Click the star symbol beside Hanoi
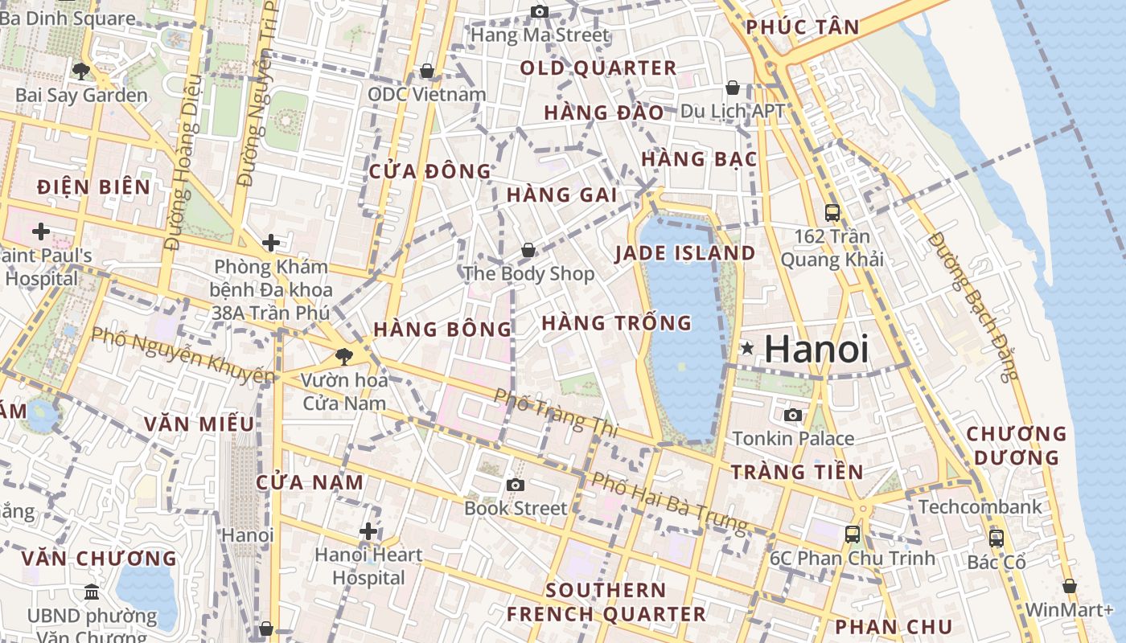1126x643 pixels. [747, 348]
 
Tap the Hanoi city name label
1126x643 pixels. [816, 349]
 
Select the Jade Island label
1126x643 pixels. [684, 253]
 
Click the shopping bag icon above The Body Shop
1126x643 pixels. [528, 250]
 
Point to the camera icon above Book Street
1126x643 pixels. [516, 485]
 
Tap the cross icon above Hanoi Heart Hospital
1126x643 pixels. [368, 531]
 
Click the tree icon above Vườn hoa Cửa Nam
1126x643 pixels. [344, 356]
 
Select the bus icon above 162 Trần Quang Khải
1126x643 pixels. [832, 213]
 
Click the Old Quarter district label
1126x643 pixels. [598, 68]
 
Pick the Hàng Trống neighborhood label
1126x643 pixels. [616, 323]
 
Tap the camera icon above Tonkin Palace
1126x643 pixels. [793, 415]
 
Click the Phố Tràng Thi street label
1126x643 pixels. [556, 414]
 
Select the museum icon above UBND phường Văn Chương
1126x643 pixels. [92, 592]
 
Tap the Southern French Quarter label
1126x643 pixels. [606, 602]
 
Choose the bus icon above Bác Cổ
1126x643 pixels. [997, 539]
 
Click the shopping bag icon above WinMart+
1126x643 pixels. [1070, 586]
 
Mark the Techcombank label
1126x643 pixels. [980, 507]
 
